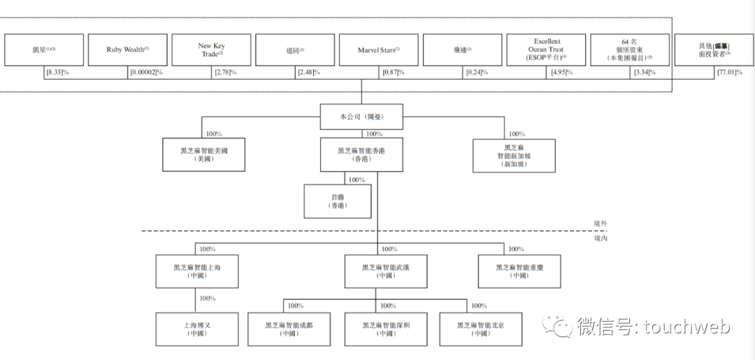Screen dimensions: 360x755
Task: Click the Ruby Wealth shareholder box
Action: click(127, 50)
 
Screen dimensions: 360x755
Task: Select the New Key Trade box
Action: click(211, 50)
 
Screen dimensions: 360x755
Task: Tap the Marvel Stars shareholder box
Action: click(378, 50)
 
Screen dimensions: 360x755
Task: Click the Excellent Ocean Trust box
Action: click(546, 50)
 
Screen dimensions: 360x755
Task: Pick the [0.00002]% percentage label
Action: click(146, 73)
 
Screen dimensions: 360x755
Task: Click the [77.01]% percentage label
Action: click(729, 73)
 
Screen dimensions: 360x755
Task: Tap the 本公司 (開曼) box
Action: click(361, 116)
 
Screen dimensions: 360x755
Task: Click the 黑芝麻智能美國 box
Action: click(204, 154)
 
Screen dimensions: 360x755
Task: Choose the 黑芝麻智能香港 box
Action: click(361, 154)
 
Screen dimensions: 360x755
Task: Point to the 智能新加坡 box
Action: click(514, 155)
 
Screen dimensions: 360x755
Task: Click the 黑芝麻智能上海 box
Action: click(196, 271)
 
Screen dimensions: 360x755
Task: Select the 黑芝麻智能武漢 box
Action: click(385, 271)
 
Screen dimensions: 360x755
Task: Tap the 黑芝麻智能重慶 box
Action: click(519, 271)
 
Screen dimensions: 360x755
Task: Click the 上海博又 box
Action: click(196, 329)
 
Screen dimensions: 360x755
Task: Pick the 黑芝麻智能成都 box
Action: click(289, 329)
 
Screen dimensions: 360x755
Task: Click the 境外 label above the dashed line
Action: click(599, 224)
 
